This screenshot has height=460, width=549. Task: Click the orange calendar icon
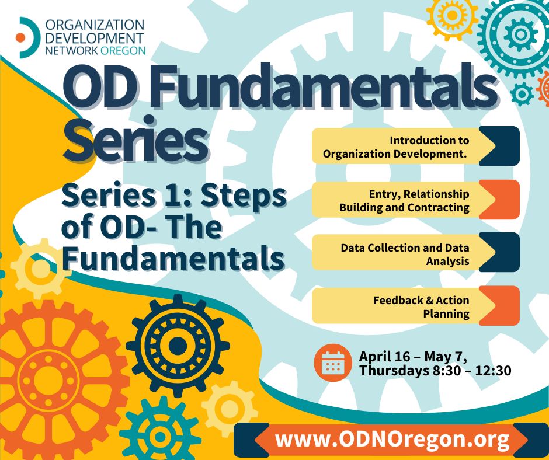point(333,363)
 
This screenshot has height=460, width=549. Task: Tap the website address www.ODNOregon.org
point(392,439)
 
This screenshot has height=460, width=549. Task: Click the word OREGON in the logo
point(123,50)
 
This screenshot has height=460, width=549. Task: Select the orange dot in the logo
point(20,37)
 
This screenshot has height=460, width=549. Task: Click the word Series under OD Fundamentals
point(135,140)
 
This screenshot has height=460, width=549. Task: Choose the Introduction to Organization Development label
point(395,147)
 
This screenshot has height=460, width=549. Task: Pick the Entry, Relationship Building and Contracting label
point(404,201)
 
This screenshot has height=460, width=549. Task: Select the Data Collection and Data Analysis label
point(405,254)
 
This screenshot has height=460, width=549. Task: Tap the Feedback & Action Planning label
point(421,307)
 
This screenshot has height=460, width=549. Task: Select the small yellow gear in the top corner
point(452,15)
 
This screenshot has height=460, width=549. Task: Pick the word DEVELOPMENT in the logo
point(95,38)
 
